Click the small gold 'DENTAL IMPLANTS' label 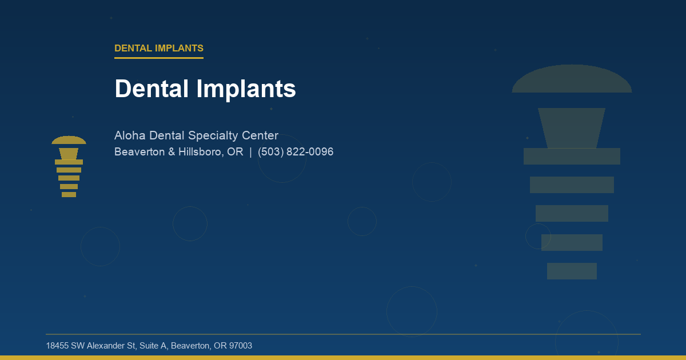(x=159, y=48)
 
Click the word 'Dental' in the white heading (x=153, y=89)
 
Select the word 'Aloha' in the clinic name (x=130, y=136)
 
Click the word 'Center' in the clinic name (x=260, y=136)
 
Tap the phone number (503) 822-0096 (x=296, y=152)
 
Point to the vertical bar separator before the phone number (x=250, y=152)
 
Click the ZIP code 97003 (x=240, y=346)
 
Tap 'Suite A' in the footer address (x=150, y=346)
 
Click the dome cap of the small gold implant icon (x=69, y=140)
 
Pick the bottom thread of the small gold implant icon (x=69, y=195)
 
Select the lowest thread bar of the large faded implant (x=572, y=271)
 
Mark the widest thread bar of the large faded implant (x=572, y=156)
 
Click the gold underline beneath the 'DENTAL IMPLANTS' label (x=159, y=58)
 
